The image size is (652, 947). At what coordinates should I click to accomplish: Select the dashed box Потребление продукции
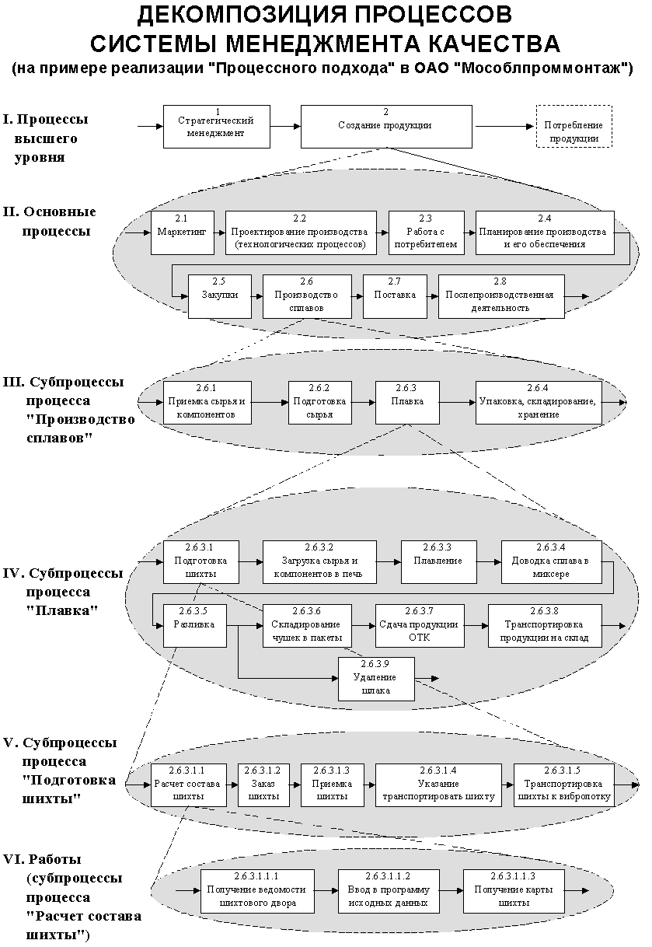574,127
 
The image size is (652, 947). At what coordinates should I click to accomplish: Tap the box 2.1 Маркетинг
182,232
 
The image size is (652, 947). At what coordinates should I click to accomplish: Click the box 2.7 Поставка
395,296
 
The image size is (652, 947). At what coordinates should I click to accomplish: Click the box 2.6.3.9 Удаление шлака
376,679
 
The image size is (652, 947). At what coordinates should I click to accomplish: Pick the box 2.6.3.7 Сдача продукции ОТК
419,624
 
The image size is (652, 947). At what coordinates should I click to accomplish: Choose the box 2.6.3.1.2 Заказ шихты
263,785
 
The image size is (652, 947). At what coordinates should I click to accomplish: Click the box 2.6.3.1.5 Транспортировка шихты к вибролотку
563,785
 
